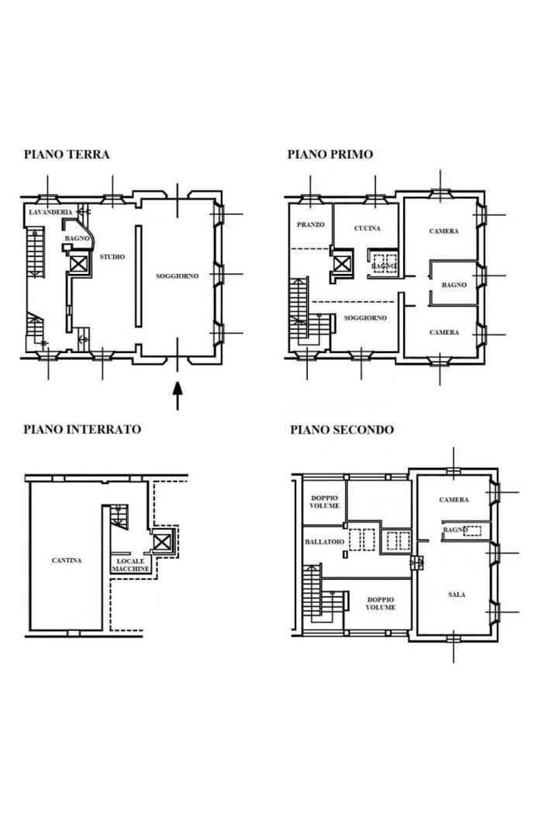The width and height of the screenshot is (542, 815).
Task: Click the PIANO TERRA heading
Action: coord(67,154)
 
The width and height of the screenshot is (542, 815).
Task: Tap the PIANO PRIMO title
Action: coord(330,154)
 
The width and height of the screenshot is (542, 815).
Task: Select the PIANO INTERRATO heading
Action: coord(82,429)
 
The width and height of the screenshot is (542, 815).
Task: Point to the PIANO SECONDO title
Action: coord(342,430)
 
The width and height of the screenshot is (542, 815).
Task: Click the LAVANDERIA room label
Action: coord(50,213)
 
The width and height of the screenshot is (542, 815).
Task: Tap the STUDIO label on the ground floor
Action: coord(112,257)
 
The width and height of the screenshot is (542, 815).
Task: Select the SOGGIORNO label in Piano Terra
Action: coord(177,276)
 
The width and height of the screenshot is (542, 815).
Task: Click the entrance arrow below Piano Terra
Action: coord(178,396)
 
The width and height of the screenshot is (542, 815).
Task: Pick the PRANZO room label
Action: coord(310,224)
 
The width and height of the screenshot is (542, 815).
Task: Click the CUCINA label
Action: coord(367,228)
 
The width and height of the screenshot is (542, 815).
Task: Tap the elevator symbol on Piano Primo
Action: coord(342,264)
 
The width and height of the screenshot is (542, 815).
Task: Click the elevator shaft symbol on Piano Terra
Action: coord(78,264)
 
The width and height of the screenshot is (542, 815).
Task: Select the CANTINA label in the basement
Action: coord(67,560)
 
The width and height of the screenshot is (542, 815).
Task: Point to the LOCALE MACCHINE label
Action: coord(131,565)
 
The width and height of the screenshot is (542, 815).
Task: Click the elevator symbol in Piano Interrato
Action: coord(161,543)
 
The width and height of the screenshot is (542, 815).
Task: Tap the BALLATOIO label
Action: coord(324,542)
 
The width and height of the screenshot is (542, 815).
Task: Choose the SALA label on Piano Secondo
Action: coord(457,595)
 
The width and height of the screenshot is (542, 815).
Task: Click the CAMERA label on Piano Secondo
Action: coord(454,500)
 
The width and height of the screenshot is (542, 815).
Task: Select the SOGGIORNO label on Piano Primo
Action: coord(365,317)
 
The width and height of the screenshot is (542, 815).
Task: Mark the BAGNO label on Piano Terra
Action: coord(77,238)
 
